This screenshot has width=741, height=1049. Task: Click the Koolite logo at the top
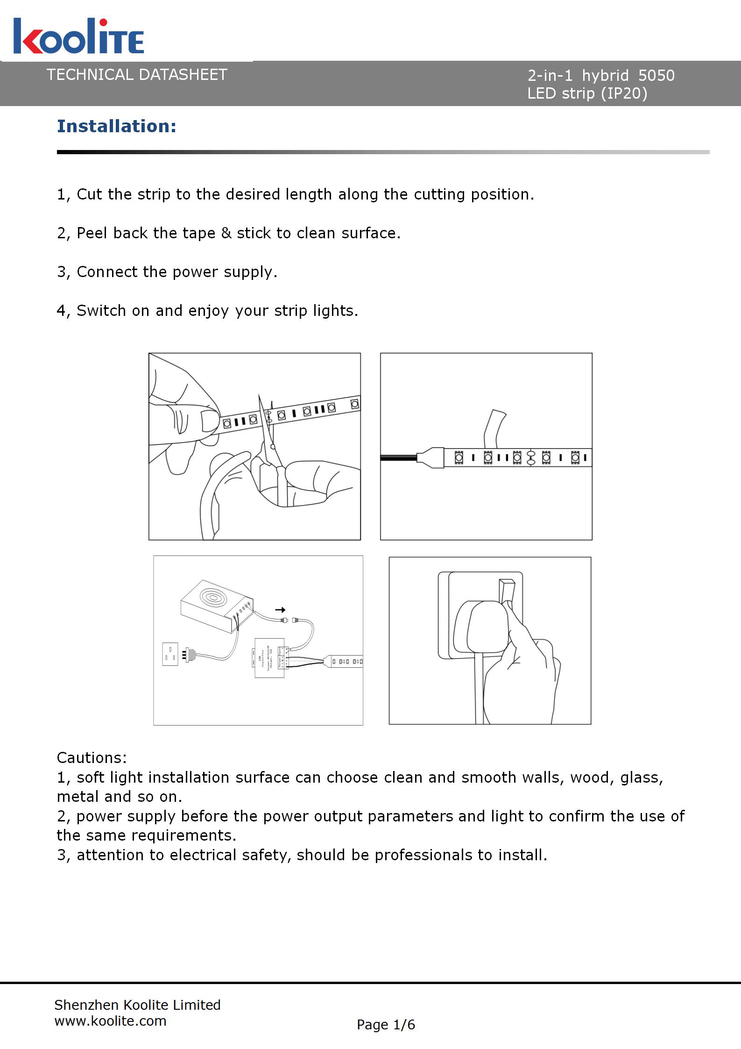78,36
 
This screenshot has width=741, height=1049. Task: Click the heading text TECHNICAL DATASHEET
137,75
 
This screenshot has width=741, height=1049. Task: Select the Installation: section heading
117,126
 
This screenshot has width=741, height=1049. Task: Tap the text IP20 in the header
624,94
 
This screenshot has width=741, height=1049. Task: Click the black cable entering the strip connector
398,458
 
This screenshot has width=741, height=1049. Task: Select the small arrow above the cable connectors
280,610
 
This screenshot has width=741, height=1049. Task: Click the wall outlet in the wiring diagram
170,654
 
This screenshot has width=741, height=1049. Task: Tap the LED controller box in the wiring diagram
269,657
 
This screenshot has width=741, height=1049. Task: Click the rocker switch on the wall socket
507,591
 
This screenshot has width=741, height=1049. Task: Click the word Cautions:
92,757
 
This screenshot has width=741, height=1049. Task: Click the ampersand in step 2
226,233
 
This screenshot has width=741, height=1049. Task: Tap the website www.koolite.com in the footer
111,1021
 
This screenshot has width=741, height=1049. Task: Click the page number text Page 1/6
386,1025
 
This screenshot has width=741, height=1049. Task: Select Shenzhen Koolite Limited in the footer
137,1005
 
